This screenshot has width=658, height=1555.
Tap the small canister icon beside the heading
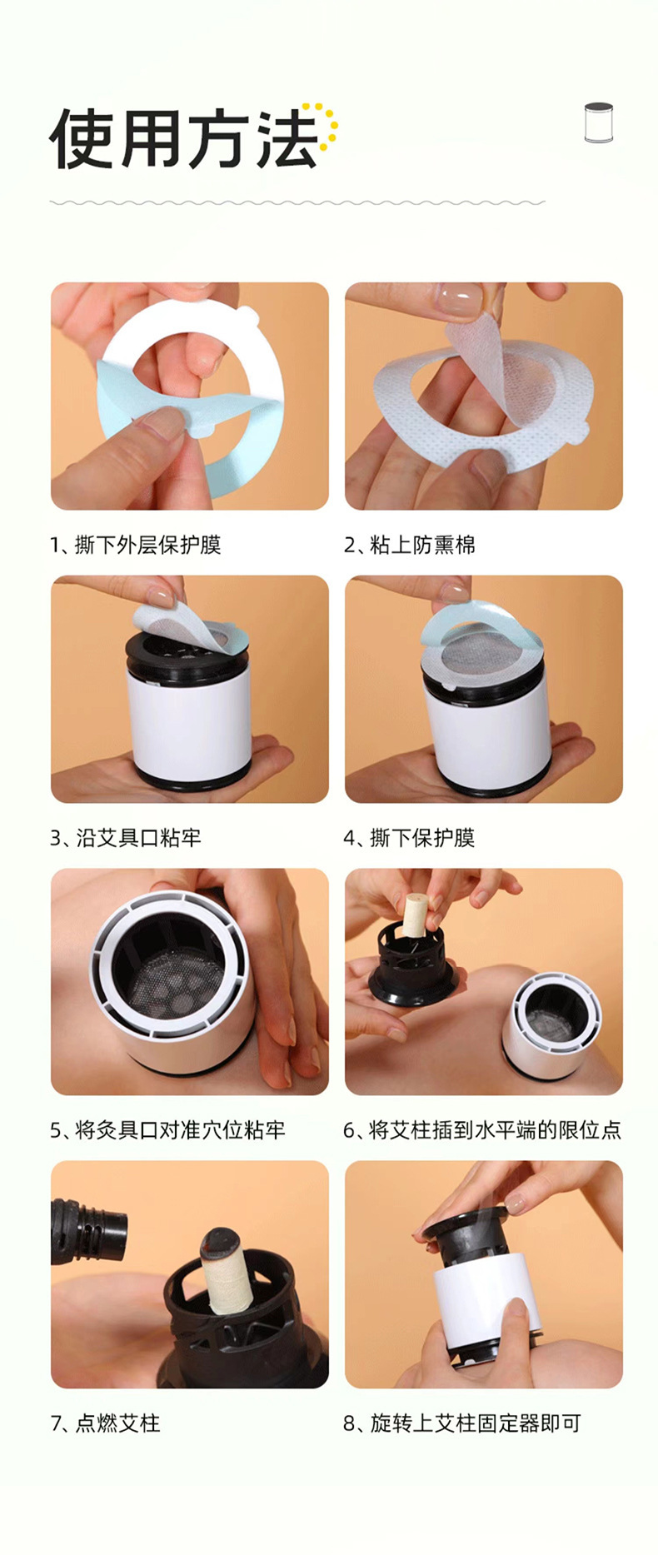tap(598, 122)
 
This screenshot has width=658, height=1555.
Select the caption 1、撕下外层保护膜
tap(136, 545)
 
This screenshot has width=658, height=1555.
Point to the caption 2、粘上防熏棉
tap(410, 545)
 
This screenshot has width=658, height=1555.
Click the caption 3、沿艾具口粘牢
tap(126, 837)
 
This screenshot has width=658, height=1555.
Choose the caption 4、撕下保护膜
tap(410, 837)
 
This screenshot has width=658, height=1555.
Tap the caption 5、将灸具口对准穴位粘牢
tap(168, 1129)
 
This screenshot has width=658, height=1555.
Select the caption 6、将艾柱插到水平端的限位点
tap(482, 1129)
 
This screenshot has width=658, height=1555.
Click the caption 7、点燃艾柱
tap(106, 1423)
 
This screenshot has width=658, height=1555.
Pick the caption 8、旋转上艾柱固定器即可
tap(462, 1423)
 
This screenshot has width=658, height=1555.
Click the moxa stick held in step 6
tap(415, 915)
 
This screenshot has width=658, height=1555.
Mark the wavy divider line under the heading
tap(297, 202)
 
